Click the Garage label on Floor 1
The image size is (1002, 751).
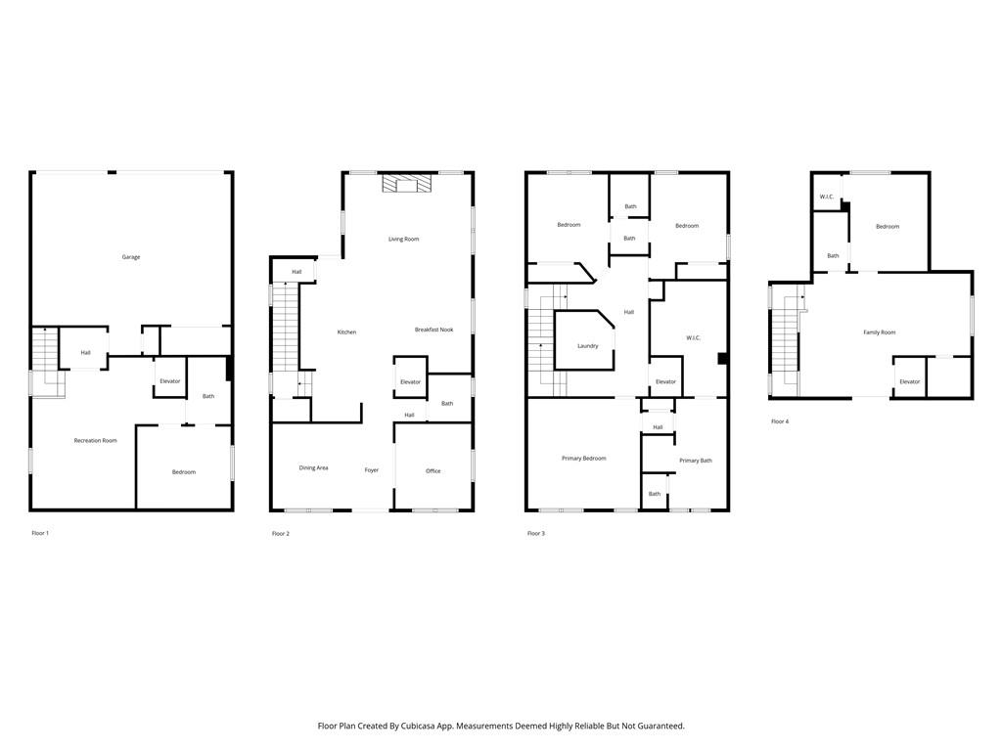(x=131, y=257)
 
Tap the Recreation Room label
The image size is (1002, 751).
(x=96, y=441)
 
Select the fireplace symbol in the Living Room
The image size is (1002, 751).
(x=407, y=185)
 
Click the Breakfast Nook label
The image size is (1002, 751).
(x=433, y=331)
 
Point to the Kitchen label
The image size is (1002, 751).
(x=346, y=332)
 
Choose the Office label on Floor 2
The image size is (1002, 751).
(x=433, y=471)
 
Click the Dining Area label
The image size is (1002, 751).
(x=313, y=468)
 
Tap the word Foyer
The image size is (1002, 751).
(x=372, y=470)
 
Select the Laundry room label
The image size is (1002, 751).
(x=587, y=346)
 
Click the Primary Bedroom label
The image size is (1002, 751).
(x=583, y=459)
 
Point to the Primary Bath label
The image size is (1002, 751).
(x=696, y=461)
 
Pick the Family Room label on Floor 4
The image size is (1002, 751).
(x=879, y=332)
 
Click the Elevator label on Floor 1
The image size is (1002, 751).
(x=170, y=381)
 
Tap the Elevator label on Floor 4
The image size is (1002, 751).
(x=909, y=381)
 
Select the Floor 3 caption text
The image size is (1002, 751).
(x=536, y=533)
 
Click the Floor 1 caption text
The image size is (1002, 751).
(x=40, y=533)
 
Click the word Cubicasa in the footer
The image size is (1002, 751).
(x=422, y=727)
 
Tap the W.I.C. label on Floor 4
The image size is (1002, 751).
(x=827, y=198)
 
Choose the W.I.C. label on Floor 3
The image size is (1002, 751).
(x=693, y=338)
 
